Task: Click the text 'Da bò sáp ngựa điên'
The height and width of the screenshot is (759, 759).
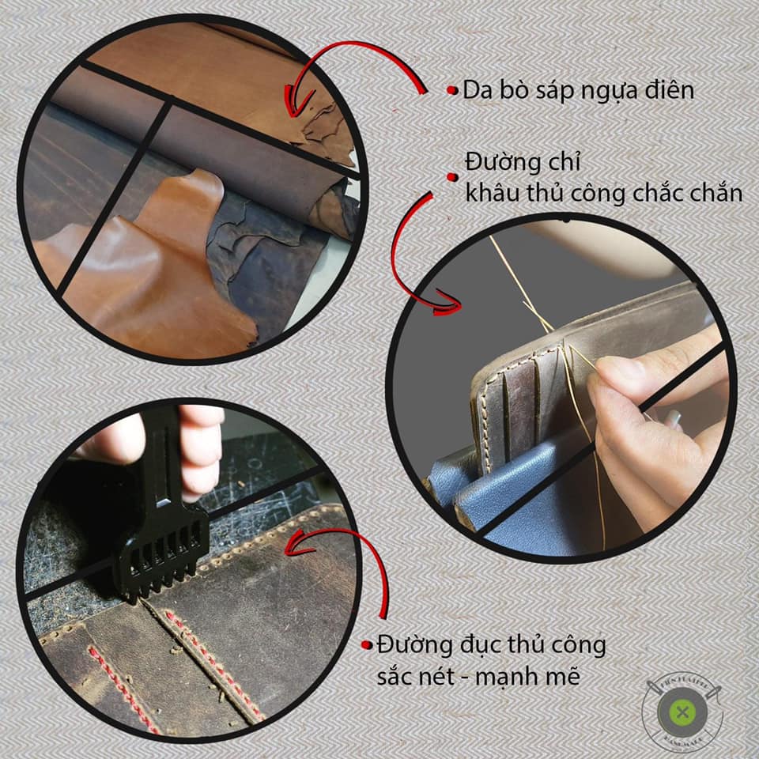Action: pyautogui.click(x=578, y=90)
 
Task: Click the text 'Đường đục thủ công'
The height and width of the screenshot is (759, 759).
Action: pyautogui.click(x=491, y=646)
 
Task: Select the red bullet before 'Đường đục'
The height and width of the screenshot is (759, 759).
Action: pyautogui.click(x=366, y=646)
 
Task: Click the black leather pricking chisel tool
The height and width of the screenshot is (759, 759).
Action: pyautogui.click(x=166, y=506)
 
